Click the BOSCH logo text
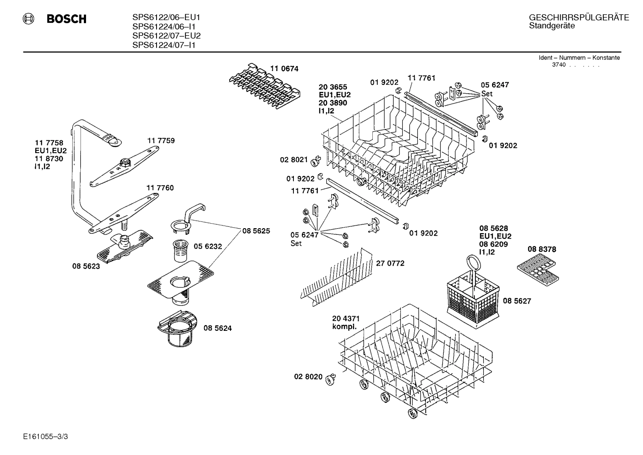coord(66,19)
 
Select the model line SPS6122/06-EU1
coord(166,17)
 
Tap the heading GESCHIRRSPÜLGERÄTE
coord(579,17)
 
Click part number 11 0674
coord(284,69)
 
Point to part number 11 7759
coord(161,141)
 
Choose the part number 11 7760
coord(160,188)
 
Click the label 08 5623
coord(86,266)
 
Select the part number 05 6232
coord(208,246)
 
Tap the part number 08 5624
coord(218,328)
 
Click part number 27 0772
coord(390,263)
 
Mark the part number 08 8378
coord(542,250)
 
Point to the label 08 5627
coord(517,301)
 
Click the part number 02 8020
coord(308,377)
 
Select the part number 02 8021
coord(294,159)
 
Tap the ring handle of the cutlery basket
coord(472,263)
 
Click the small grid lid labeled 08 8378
coord(538,270)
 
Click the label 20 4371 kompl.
coord(346,322)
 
